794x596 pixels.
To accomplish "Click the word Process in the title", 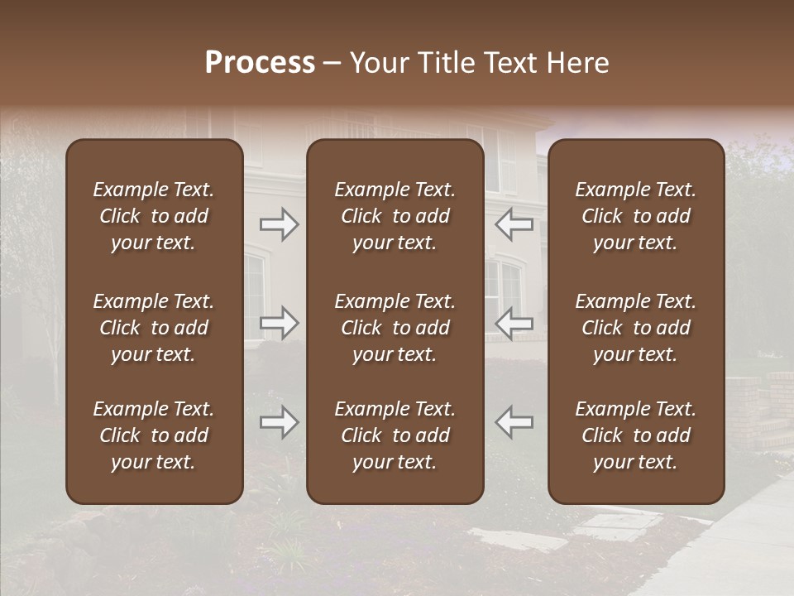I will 260,63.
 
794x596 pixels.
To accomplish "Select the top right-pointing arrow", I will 279,224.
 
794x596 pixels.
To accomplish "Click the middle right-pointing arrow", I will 279,322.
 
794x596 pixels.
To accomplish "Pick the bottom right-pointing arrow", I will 279,422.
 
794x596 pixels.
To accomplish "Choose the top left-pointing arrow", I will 514,224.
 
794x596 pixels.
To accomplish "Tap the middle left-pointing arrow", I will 514,322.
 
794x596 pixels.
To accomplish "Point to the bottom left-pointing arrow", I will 514,422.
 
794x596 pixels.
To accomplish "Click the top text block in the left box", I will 154,216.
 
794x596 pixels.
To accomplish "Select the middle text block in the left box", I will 154,328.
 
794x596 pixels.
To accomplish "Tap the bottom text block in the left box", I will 154,435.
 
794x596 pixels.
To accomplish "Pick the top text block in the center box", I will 395,216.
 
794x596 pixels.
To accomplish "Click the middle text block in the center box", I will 395,328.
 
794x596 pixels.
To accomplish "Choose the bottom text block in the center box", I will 395,435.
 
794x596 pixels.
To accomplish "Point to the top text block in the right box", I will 636,216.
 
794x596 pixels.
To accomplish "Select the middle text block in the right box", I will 636,328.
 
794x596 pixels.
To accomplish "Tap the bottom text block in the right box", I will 636,435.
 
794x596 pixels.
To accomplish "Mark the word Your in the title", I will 377,63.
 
